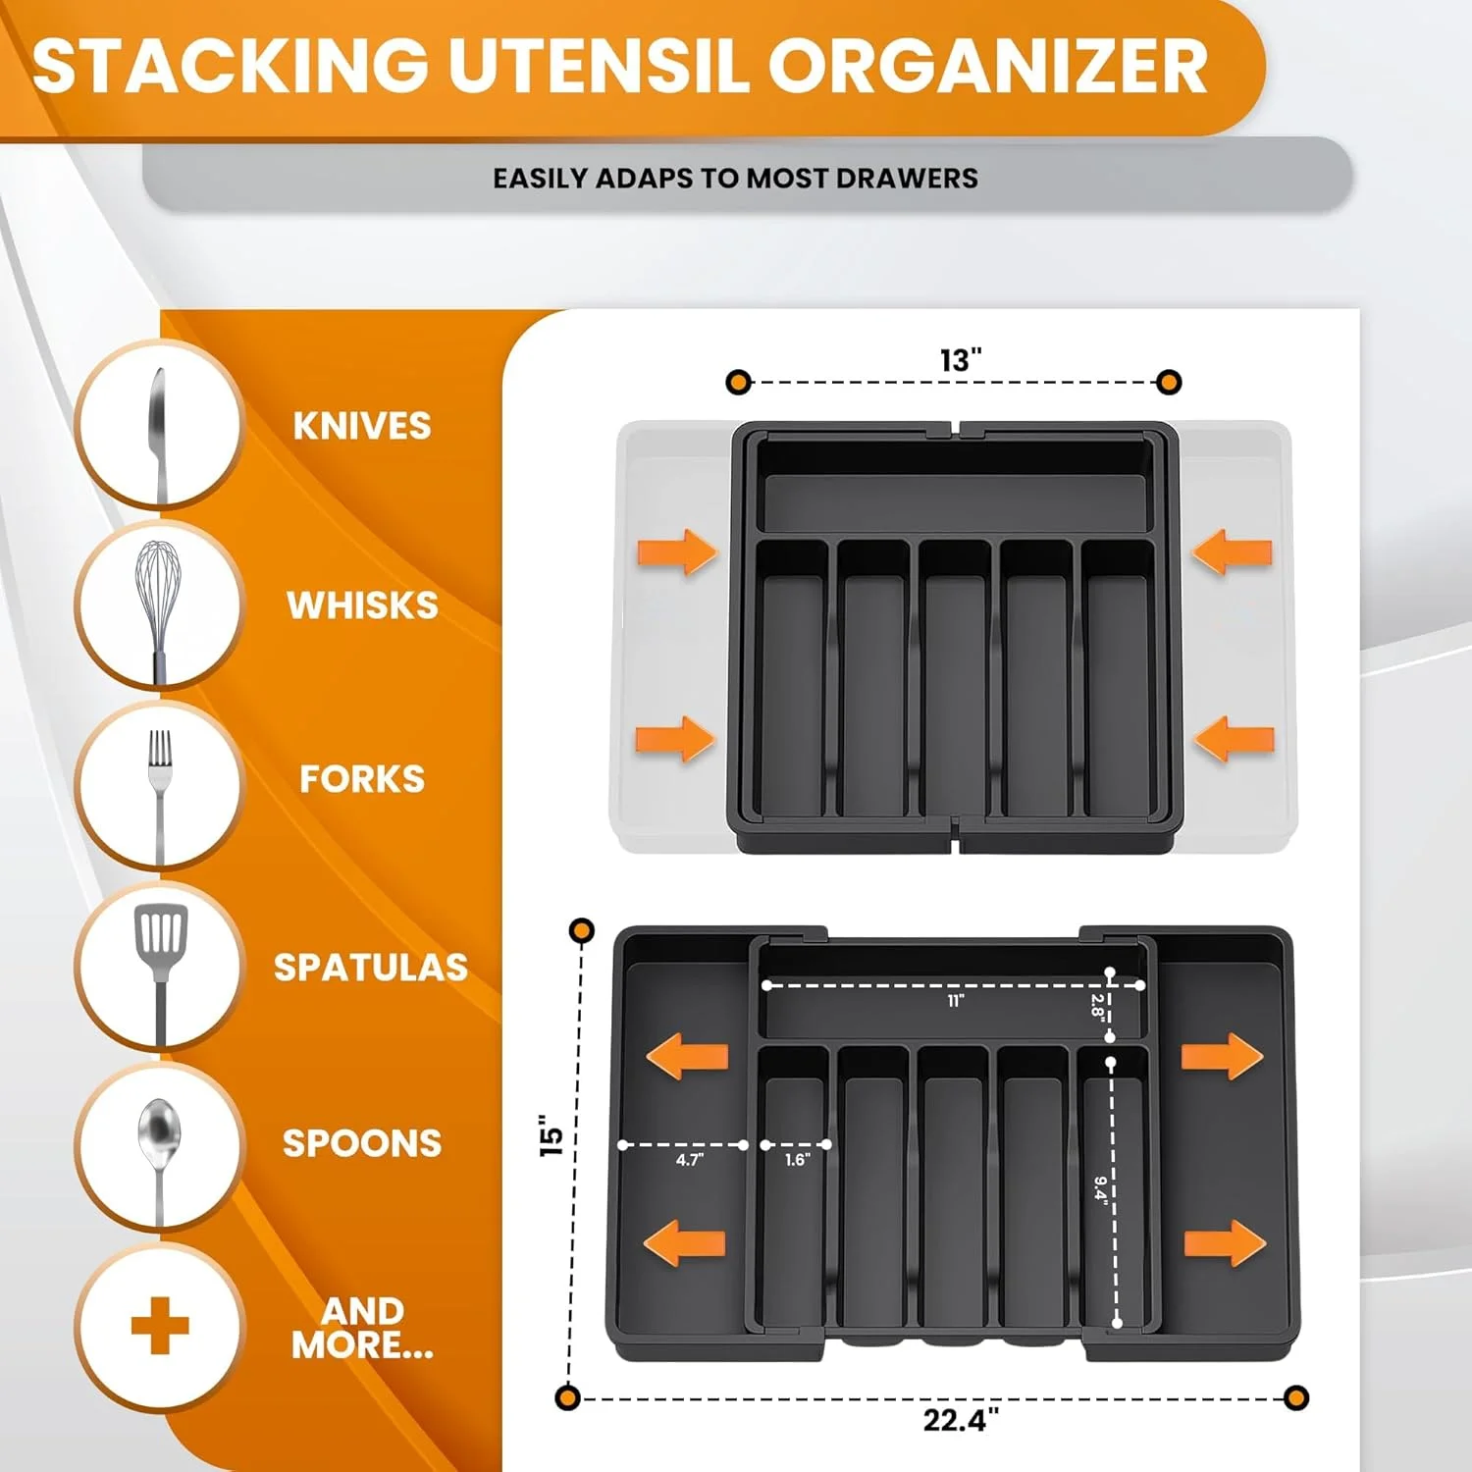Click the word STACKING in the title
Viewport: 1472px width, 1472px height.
click(231, 67)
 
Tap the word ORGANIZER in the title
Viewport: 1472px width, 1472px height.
click(988, 67)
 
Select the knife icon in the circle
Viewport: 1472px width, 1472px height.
click(158, 427)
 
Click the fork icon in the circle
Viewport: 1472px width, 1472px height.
click(159, 785)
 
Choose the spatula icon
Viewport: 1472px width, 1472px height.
click(160, 967)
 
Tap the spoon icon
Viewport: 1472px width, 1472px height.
click(159, 1148)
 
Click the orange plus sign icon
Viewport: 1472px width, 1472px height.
click(160, 1325)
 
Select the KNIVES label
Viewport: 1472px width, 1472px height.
click(362, 426)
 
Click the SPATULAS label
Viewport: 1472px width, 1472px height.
click(371, 968)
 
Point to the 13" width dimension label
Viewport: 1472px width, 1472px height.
click(960, 360)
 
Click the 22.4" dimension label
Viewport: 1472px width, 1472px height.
click(961, 1420)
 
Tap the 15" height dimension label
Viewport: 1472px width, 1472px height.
click(552, 1135)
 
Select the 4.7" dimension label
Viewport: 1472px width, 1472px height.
click(690, 1160)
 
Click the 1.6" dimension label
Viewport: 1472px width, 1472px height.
click(797, 1160)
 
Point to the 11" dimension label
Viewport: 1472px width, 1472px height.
click(956, 1000)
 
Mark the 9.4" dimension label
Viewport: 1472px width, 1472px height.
click(1101, 1188)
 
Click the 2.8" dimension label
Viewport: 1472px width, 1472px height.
click(1097, 1006)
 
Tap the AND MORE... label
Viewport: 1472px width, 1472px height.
click(362, 1328)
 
